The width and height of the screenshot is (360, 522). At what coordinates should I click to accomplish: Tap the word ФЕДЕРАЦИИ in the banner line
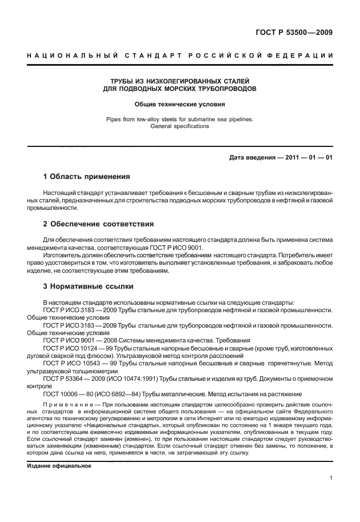[x=303, y=55]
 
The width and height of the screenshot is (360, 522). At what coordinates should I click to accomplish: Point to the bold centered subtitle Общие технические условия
[x=179, y=105]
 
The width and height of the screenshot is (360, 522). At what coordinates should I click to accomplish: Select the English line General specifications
[x=179, y=126]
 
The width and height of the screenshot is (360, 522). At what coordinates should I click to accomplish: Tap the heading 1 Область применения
[x=87, y=176]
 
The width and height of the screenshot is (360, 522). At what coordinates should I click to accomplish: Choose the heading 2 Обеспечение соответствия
[x=98, y=224]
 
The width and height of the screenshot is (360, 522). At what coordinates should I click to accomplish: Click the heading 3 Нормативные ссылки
[x=89, y=285]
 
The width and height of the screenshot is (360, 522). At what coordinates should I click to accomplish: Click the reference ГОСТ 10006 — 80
[x=65, y=394]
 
